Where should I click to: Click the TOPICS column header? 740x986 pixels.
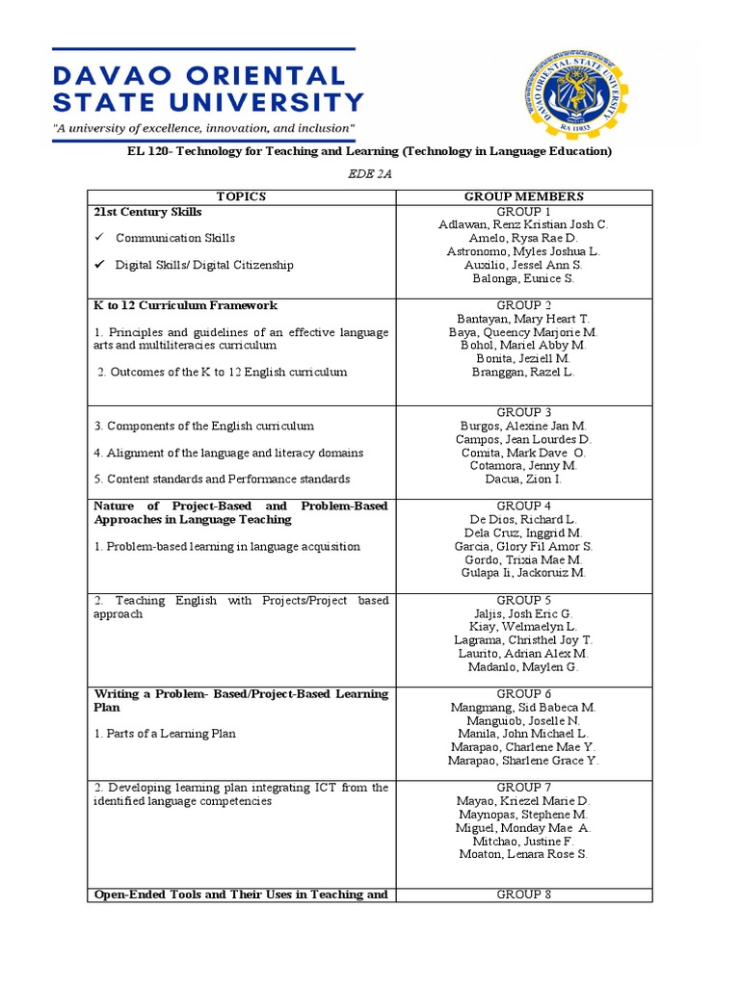[241, 196]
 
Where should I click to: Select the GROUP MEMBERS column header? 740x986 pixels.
[523, 196]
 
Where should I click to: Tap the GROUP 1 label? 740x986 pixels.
[523, 211]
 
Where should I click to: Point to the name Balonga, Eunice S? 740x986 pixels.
[523, 278]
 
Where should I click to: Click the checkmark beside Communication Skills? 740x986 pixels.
[99, 238]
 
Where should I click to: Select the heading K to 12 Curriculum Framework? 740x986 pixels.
[185, 305]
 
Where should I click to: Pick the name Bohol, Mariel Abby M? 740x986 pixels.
[523, 345]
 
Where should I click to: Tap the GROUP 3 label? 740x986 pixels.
[523, 412]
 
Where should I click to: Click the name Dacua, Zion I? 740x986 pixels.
[523, 480]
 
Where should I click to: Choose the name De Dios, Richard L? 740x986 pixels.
[523, 519]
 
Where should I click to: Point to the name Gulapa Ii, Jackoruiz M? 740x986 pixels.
[523, 573]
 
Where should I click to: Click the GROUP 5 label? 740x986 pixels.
[523, 600]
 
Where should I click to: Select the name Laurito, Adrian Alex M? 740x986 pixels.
[523, 654]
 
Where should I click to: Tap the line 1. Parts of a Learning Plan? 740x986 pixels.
[165, 734]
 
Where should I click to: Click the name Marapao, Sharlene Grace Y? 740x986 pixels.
[523, 761]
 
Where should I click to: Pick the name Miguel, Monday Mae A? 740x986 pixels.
[523, 827]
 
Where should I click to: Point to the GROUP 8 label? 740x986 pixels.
[523, 895]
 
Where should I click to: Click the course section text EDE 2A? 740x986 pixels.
[369, 173]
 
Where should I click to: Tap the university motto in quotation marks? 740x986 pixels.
[204, 128]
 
